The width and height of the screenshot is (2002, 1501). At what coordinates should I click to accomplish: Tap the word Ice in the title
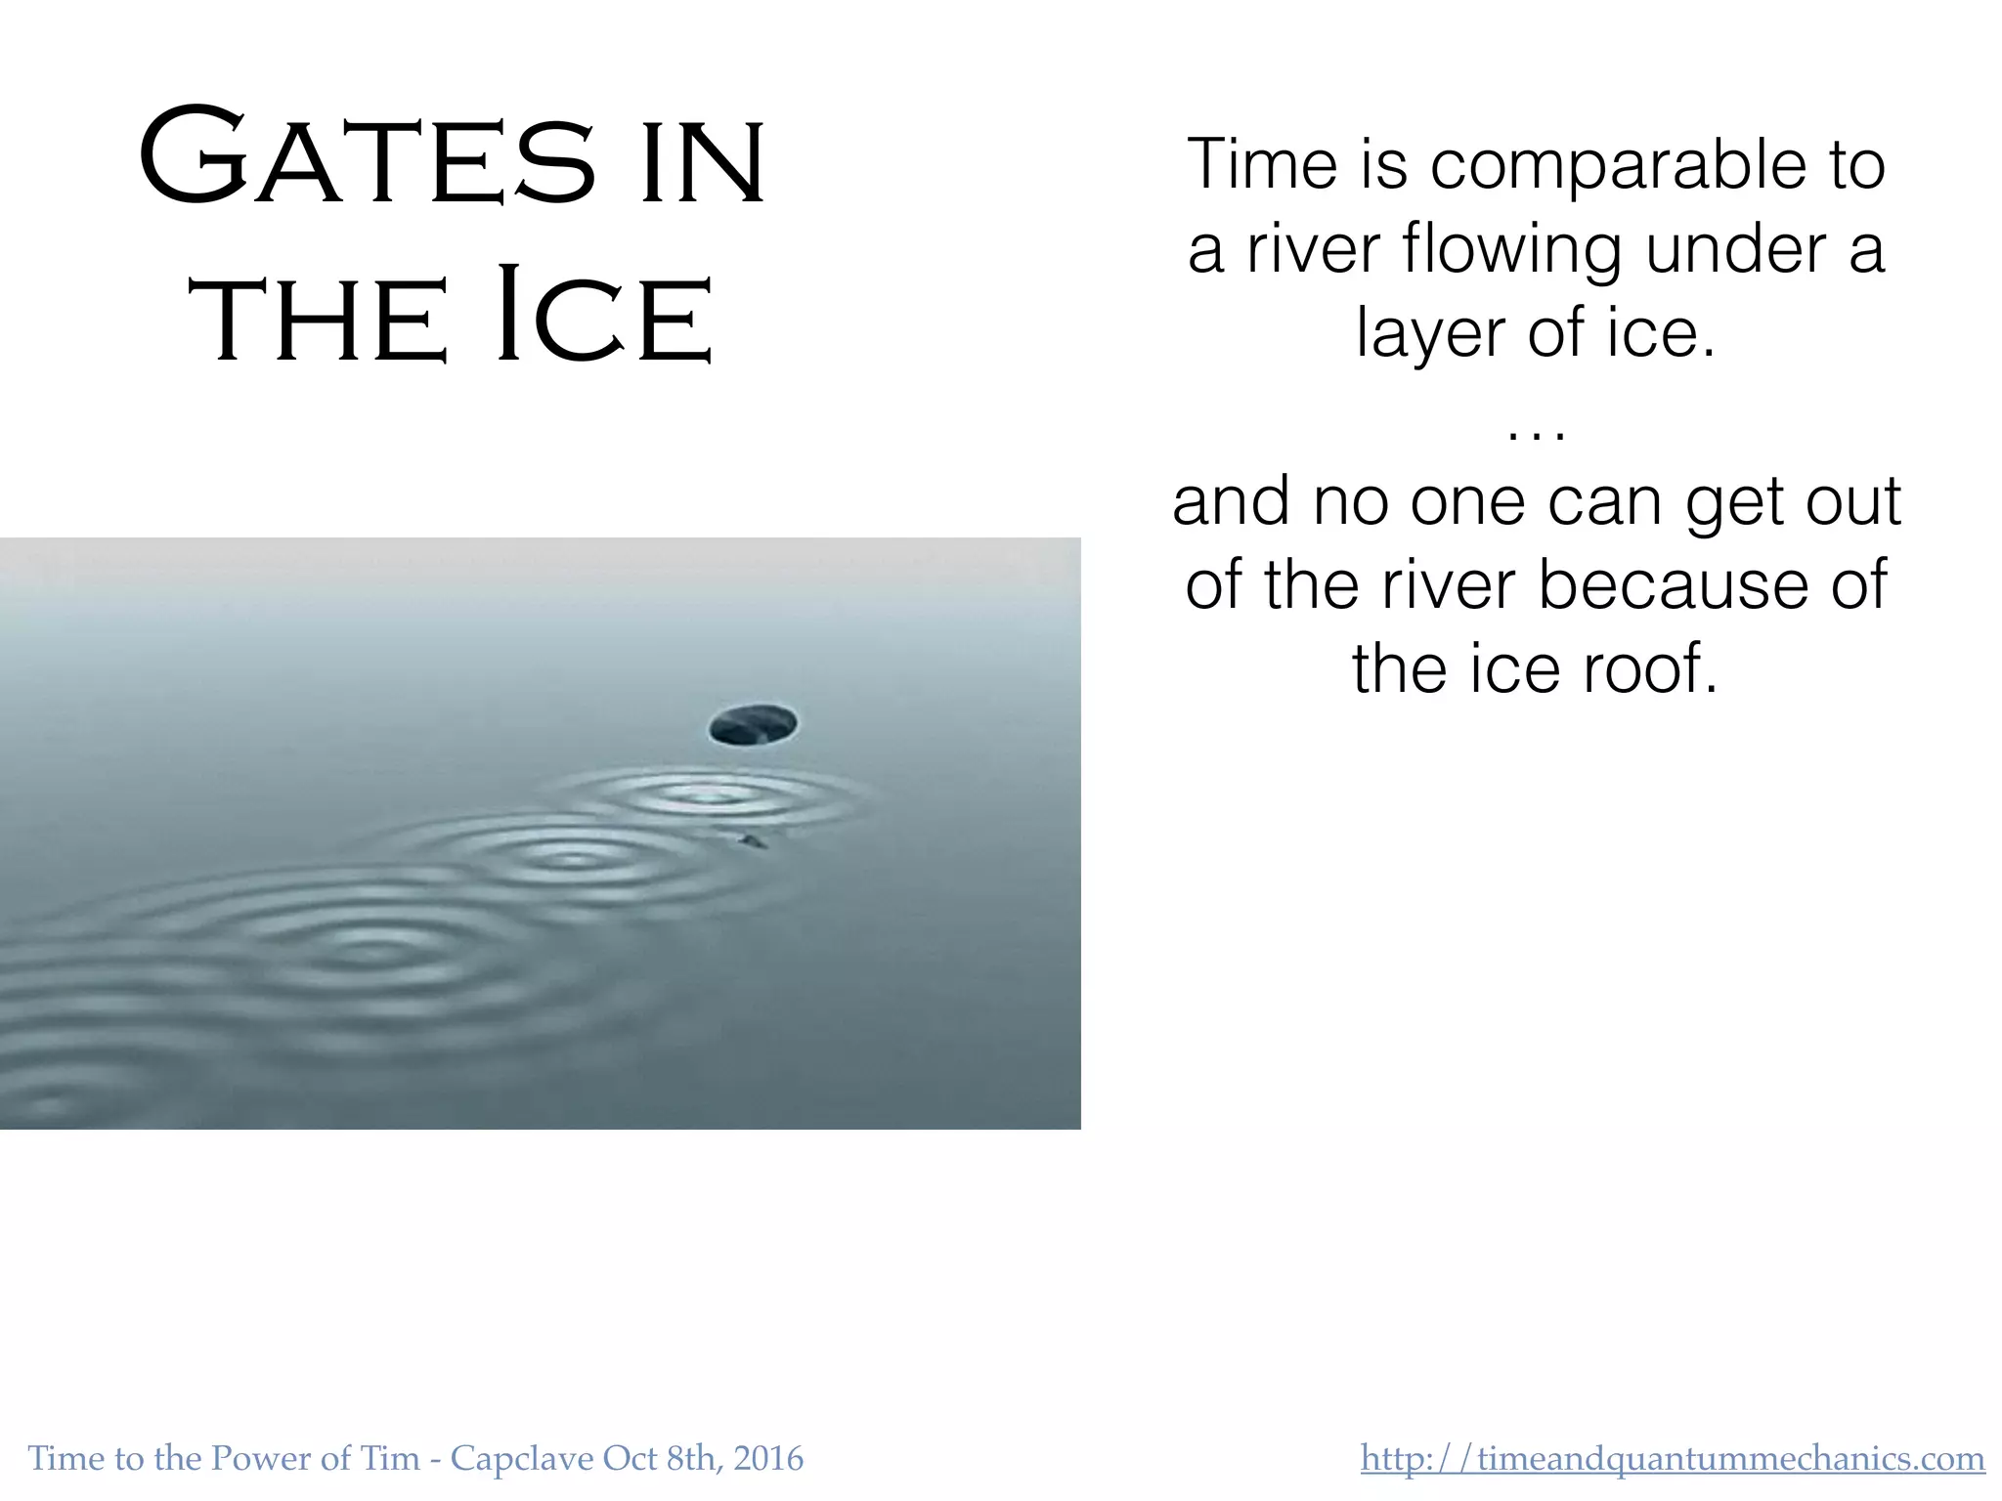604,318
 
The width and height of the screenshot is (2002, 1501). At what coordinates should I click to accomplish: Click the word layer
1431,335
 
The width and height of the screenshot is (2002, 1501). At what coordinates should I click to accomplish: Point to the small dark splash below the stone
752,840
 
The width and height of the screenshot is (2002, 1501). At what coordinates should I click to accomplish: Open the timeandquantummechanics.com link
1672,1459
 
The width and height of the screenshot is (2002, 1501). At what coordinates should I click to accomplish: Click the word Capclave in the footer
521,1459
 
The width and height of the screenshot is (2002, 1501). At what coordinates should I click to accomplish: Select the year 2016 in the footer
768,1459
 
